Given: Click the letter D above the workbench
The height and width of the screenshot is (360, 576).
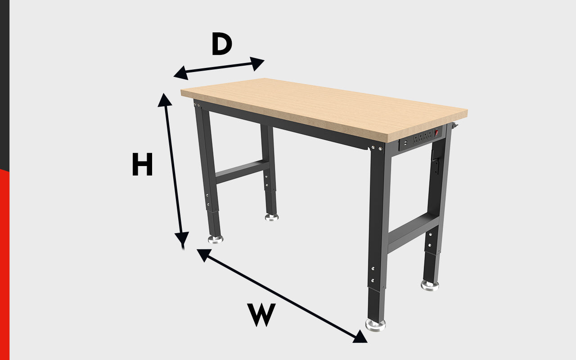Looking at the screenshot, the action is click(222, 44).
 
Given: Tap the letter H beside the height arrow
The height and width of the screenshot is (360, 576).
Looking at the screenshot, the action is click(143, 164).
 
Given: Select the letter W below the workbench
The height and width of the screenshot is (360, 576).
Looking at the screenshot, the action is click(261, 315).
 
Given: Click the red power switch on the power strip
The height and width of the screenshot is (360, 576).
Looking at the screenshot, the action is click(436, 133).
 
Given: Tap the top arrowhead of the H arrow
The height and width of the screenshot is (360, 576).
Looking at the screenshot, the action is click(164, 100).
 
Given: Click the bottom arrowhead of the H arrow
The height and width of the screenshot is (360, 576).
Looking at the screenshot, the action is click(182, 238).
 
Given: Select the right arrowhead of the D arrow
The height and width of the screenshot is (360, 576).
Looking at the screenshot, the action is click(257, 63).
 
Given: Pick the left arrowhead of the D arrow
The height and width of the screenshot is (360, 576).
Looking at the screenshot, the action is click(181, 73).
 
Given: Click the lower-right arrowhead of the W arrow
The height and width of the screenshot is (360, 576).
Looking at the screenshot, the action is click(360, 337).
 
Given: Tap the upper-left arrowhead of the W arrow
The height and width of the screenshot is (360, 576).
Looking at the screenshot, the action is click(204, 255).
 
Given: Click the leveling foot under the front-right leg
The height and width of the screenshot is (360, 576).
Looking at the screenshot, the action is click(375, 325).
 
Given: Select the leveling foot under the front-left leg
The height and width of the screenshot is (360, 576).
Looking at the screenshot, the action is click(216, 239).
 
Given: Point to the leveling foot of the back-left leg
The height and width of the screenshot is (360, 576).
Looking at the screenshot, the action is click(271, 217).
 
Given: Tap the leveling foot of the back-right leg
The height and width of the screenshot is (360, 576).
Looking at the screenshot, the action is click(430, 285).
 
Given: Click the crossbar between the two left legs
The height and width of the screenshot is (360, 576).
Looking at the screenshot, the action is click(242, 171).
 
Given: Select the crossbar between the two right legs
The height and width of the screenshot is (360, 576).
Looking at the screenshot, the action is click(413, 233).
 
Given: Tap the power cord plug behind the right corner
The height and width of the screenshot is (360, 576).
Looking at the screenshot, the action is click(455, 126).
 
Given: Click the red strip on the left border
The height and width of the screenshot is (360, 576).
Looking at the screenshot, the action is click(4, 265).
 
